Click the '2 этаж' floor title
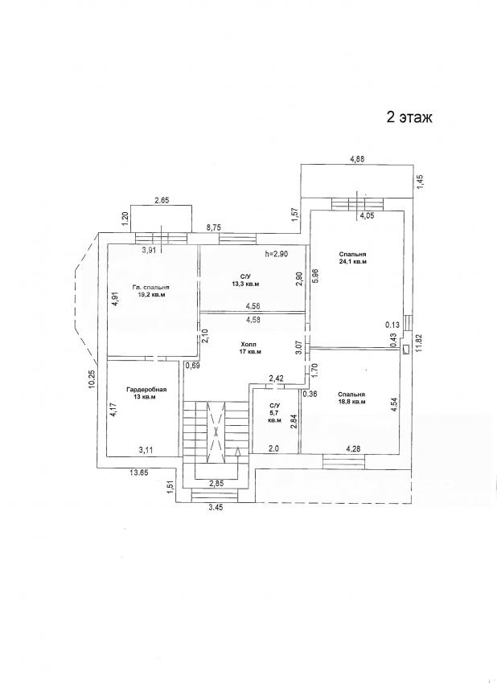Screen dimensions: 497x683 [x=409, y=117]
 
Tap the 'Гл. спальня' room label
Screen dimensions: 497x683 [x=150, y=287]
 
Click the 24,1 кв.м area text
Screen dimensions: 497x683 [x=353, y=262]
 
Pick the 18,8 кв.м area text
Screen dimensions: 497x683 [x=351, y=402]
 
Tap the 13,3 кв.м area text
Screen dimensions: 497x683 [x=246, y=284]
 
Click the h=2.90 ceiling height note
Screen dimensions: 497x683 [x=277, y=253]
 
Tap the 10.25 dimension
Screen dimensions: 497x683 [x=91, y=376]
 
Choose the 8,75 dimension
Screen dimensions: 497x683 [x=213, y=227]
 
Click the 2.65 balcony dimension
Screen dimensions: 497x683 [x=162, y=201]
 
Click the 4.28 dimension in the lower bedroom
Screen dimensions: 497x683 [x=354, y=448]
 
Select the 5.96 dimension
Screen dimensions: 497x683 [x=317, y=275]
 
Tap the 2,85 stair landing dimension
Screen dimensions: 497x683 [x=216, y=482]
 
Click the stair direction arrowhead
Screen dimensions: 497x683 [x=237, y=452]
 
